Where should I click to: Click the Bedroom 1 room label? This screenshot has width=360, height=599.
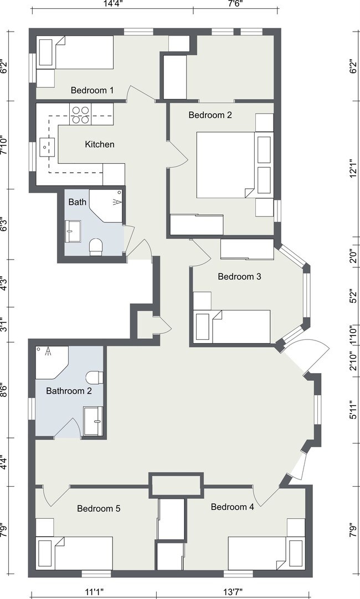click(92, 91)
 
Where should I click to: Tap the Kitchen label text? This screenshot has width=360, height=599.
click(99, 144)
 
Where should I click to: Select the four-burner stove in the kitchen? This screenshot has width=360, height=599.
click(81, 115)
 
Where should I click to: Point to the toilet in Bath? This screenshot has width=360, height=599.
click(96, 246)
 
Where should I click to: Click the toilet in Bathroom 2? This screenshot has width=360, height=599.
click(94, 378)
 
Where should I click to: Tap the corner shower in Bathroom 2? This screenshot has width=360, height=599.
click(52, 363)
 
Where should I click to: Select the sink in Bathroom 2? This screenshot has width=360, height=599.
click(94, 421)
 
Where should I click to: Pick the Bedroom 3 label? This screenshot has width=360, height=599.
click(240, 277)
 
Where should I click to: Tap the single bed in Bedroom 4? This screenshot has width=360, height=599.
click(266, 553)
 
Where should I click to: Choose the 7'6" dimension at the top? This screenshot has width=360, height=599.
click(235, 4)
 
